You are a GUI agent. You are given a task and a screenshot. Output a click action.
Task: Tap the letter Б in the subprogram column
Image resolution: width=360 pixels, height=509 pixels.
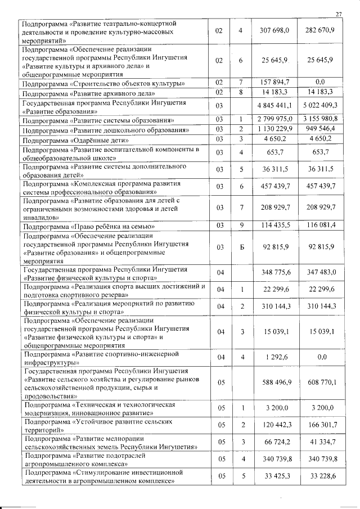240,247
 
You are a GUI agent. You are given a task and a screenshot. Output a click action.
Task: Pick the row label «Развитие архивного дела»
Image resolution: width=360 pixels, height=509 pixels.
87,92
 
